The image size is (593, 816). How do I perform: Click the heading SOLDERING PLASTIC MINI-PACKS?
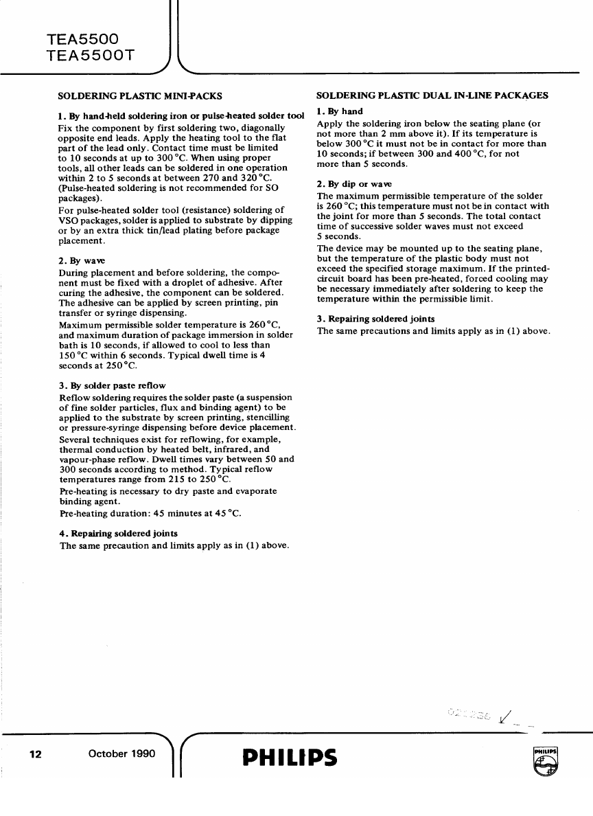click(139, 95)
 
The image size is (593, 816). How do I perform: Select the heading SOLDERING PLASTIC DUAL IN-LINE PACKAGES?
click(432, 95)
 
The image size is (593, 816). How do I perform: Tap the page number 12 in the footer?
click(36, 754)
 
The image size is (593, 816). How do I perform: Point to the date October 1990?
click(122, 754)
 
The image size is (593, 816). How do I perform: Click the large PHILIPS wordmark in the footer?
click(290, 757)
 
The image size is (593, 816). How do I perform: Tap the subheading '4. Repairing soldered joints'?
click(118, 533)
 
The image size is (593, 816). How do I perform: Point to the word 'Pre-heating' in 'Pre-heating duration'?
click(82, 513)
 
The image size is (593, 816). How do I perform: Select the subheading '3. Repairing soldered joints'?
click(375, 319)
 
